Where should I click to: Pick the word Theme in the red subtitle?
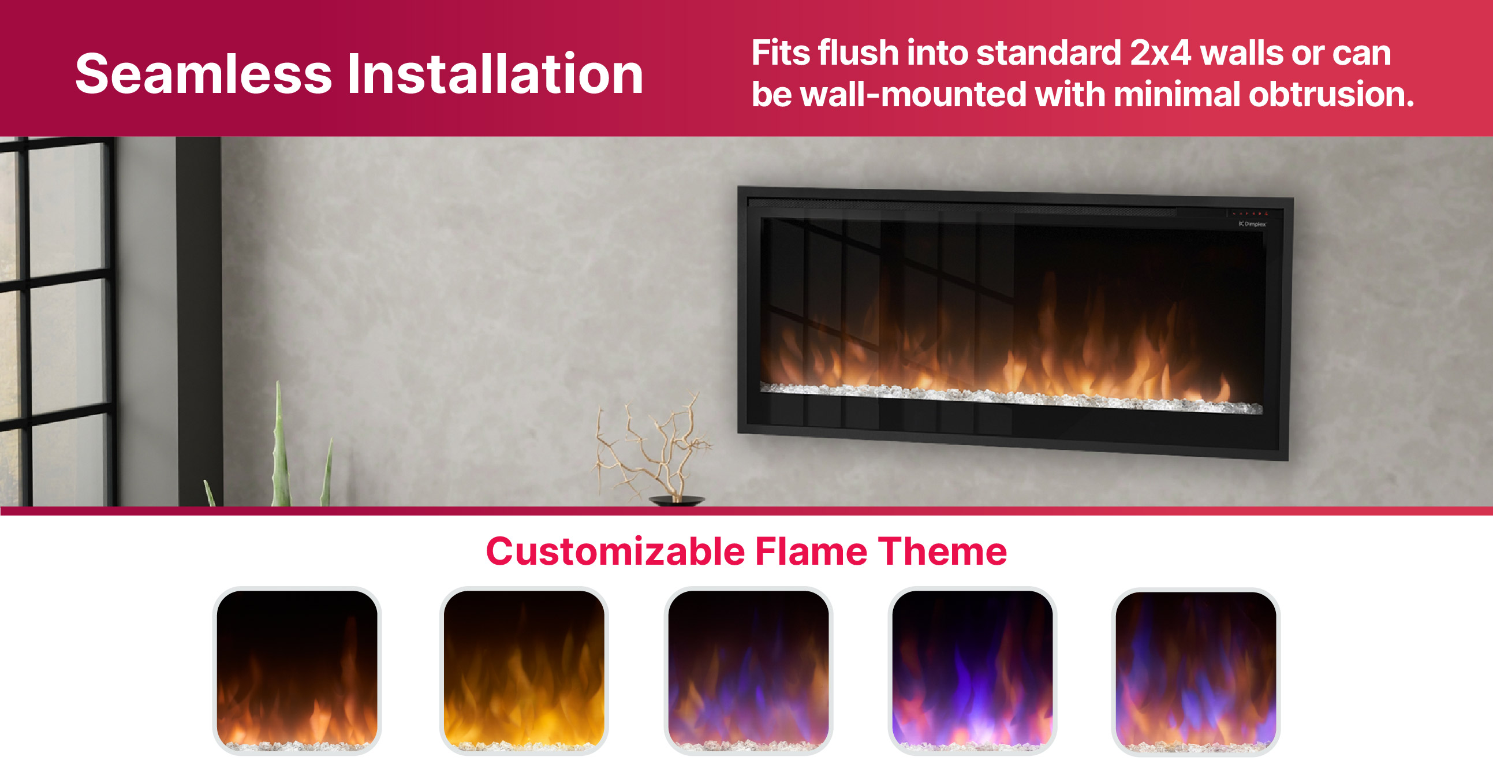point(942,551)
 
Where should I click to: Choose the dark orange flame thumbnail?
point(297,670)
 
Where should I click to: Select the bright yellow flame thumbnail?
point(524,670)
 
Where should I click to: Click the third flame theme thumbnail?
point(748,670)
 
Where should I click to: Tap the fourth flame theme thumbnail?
point(973,670)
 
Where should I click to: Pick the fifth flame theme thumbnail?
point(1196,672)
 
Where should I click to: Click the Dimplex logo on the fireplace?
point(1252,224)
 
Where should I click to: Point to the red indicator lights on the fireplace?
point(1249,213)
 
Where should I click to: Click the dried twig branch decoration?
point(652,446)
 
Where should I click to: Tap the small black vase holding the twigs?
point(677,501)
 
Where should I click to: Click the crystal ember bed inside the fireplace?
point(1011,398)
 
